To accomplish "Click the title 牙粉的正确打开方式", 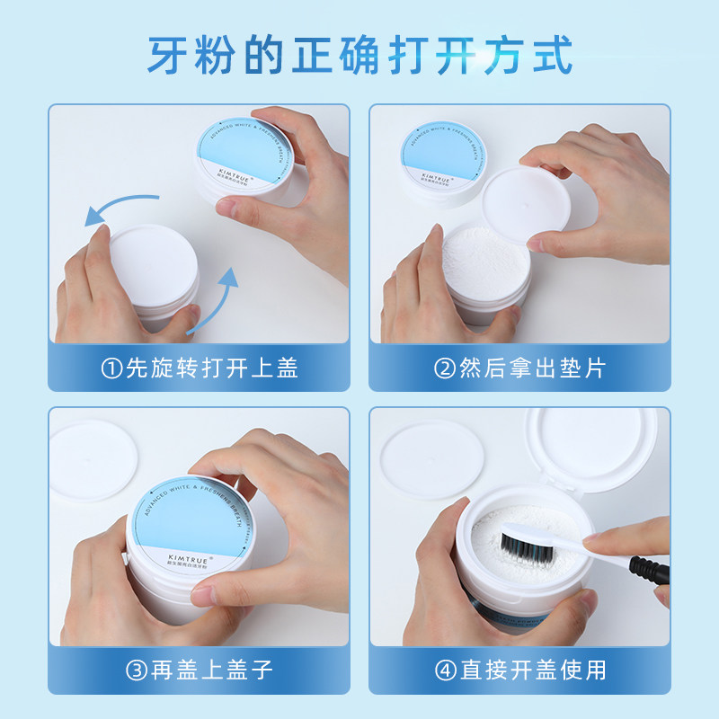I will click(359, 55).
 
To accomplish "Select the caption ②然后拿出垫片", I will click(520, 368).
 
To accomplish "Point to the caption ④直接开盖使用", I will click(520, 670).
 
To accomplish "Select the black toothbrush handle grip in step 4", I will click(649, 570).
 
